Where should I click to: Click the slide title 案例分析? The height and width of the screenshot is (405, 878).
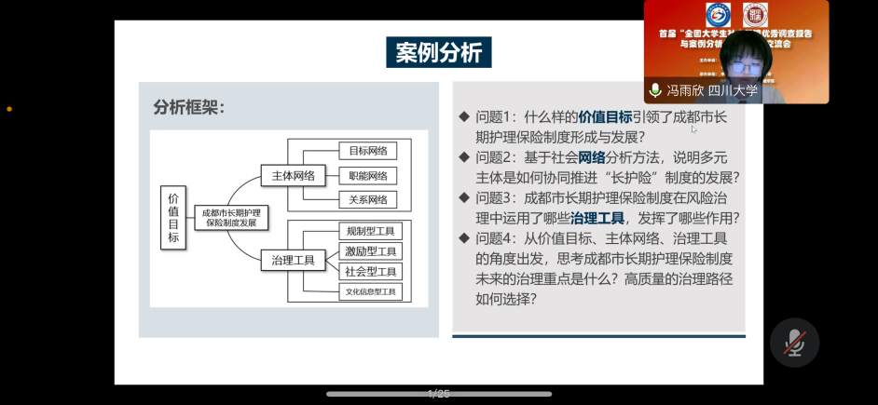(438, 52)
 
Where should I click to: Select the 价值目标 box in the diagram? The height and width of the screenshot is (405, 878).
(173, 218)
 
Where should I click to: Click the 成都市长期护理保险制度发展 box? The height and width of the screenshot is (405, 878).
(232, 218)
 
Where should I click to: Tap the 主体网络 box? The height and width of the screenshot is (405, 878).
(293, 175)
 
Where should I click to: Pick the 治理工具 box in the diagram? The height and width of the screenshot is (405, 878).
(293, 259)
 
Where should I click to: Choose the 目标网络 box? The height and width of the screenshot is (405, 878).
(367, 151)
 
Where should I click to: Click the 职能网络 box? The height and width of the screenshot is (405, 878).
(367, 175)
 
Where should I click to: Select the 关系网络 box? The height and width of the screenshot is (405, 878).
(367, 199)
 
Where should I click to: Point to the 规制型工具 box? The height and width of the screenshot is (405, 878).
(370, 231)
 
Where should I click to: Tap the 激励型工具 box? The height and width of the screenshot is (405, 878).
(370, 251)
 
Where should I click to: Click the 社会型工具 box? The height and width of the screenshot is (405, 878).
(370, 272)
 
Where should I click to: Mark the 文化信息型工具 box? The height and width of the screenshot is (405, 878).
(370, 292)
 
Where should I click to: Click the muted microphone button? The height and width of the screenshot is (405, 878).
(794, 343)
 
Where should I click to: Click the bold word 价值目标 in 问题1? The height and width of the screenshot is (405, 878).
(605, 117)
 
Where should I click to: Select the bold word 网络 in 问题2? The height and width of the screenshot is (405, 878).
(592, 157)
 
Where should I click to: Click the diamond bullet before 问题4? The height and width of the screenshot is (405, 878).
(464, 238)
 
